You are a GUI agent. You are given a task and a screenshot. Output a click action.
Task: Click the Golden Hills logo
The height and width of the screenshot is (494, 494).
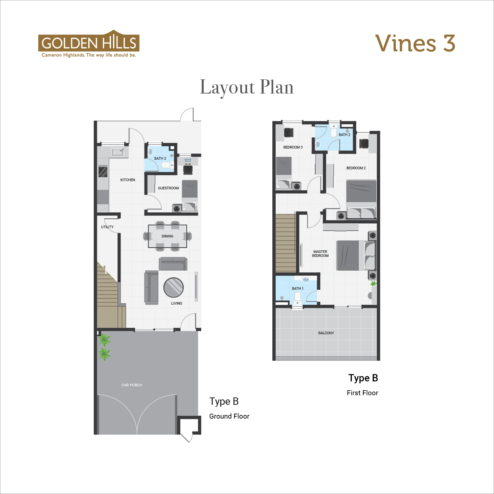[x=89, y=44]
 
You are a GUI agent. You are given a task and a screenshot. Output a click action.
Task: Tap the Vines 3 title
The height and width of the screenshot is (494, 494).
[x=415, y=43]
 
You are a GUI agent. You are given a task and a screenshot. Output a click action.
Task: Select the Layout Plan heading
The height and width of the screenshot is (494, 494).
[x=247, y=87]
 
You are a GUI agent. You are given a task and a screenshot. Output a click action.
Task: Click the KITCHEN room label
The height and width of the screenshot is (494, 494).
[x=128, y=180]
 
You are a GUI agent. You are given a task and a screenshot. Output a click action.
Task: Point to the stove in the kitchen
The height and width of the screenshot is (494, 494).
[x=103, y=171]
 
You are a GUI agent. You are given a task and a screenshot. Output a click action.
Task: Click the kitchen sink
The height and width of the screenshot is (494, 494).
[x=118, y=152]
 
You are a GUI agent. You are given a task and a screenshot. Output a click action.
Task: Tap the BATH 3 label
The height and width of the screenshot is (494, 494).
[x=160, y=158]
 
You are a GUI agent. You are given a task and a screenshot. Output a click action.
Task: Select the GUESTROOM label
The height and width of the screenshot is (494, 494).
[x=168, y=188]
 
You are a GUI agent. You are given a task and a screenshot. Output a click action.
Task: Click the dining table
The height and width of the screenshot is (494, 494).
[x=167, y=236]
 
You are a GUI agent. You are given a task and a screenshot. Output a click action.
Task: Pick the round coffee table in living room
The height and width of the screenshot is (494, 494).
[x=174, y=288]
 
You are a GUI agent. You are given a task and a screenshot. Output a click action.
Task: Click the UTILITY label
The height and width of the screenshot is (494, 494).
[x=107, y=227]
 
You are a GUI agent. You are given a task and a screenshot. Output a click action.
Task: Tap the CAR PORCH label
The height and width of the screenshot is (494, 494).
[x=132, y=385]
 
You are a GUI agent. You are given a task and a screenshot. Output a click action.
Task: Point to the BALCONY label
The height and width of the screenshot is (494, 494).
[x=326, y=333]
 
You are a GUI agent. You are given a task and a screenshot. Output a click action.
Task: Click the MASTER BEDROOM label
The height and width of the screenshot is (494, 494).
[x=320, y=254]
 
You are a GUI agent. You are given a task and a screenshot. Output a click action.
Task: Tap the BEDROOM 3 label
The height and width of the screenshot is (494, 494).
[x=293, y=147]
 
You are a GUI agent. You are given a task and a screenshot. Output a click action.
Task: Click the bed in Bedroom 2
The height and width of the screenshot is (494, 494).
[x=361, y=199]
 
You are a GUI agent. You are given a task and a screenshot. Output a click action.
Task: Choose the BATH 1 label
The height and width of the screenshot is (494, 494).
[x=298, y=288]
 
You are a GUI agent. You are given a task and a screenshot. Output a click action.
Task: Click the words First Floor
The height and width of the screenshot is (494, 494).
[x=362, y=393]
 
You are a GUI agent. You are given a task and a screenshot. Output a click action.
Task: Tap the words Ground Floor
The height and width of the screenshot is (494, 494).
[x=229, y=416]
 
